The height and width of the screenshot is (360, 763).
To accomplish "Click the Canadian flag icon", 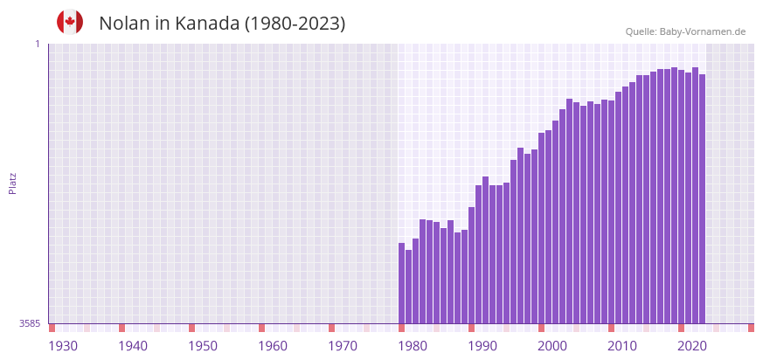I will (x=70, y=22).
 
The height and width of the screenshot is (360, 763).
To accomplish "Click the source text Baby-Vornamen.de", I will (x=702, y=31).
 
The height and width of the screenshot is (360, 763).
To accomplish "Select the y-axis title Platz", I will (x=12, y=183).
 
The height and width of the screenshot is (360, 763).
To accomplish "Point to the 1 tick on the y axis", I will (x=38, y=44).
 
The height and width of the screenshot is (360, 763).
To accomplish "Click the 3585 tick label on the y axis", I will (x=30, y=323).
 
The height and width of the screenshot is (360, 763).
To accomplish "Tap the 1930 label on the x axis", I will (x=63, y=346).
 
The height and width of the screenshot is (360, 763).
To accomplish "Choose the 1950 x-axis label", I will (x=203, y=346).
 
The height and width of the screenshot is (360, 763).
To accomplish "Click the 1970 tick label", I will (x=343, y=346).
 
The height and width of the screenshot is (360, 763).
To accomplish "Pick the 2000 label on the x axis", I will (x=552, y=346).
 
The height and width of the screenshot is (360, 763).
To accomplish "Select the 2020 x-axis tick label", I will (x=692, y=346).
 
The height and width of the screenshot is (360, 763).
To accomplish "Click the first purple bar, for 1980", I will (x=402, y=283).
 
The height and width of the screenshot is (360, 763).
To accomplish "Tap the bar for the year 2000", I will (x=542, y=228).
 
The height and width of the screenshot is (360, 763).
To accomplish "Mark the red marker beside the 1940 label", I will (x=122, y=328).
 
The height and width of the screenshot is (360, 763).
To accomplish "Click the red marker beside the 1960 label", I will (x=262, y=328).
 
